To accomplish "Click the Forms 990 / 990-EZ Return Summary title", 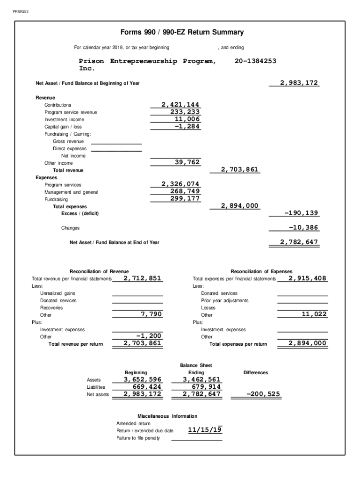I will click(182, 32).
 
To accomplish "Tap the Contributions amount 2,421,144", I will click(180, 104).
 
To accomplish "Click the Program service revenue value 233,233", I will click(185, 112).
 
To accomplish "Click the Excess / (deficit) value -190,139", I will click(301, 213).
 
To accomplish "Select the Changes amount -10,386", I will click(303, 227).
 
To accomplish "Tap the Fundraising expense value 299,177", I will click(185, 198).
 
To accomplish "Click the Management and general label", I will click(71, 192).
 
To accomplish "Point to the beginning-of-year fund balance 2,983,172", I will click(299, 83).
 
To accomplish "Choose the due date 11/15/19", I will click(204, 429).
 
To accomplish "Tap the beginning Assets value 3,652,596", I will click(143, 379).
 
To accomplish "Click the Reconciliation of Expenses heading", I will click(261, 271).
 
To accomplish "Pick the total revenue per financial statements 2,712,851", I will click(142, 278).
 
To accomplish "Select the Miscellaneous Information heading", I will click(167, 416).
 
